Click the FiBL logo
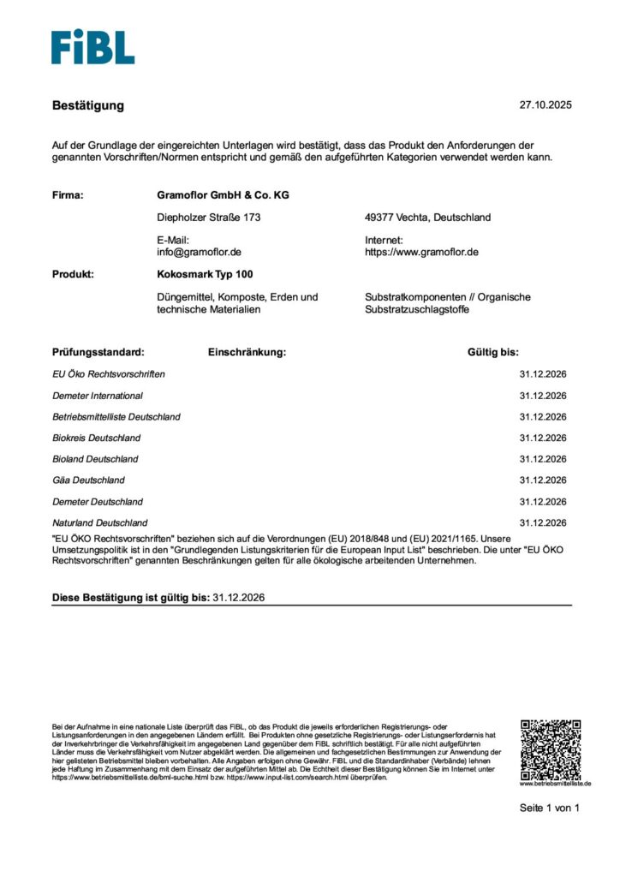pos(92,47)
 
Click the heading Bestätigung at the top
pos(88,105)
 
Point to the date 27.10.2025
pos(545,105)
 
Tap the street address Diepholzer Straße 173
pos(208,218)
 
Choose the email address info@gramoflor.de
pos(199,253)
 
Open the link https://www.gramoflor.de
pos(421,253)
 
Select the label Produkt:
pos(73,275)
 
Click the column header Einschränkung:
pos(247,352)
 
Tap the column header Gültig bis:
pos(492,352)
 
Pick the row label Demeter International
pos(98,396)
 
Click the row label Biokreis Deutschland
pos(97,438)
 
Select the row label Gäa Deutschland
pos(88,480)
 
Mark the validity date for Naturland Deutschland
pos(543,522)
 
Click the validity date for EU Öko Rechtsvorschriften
pos(543,374)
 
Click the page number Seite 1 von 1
pos(549,808)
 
